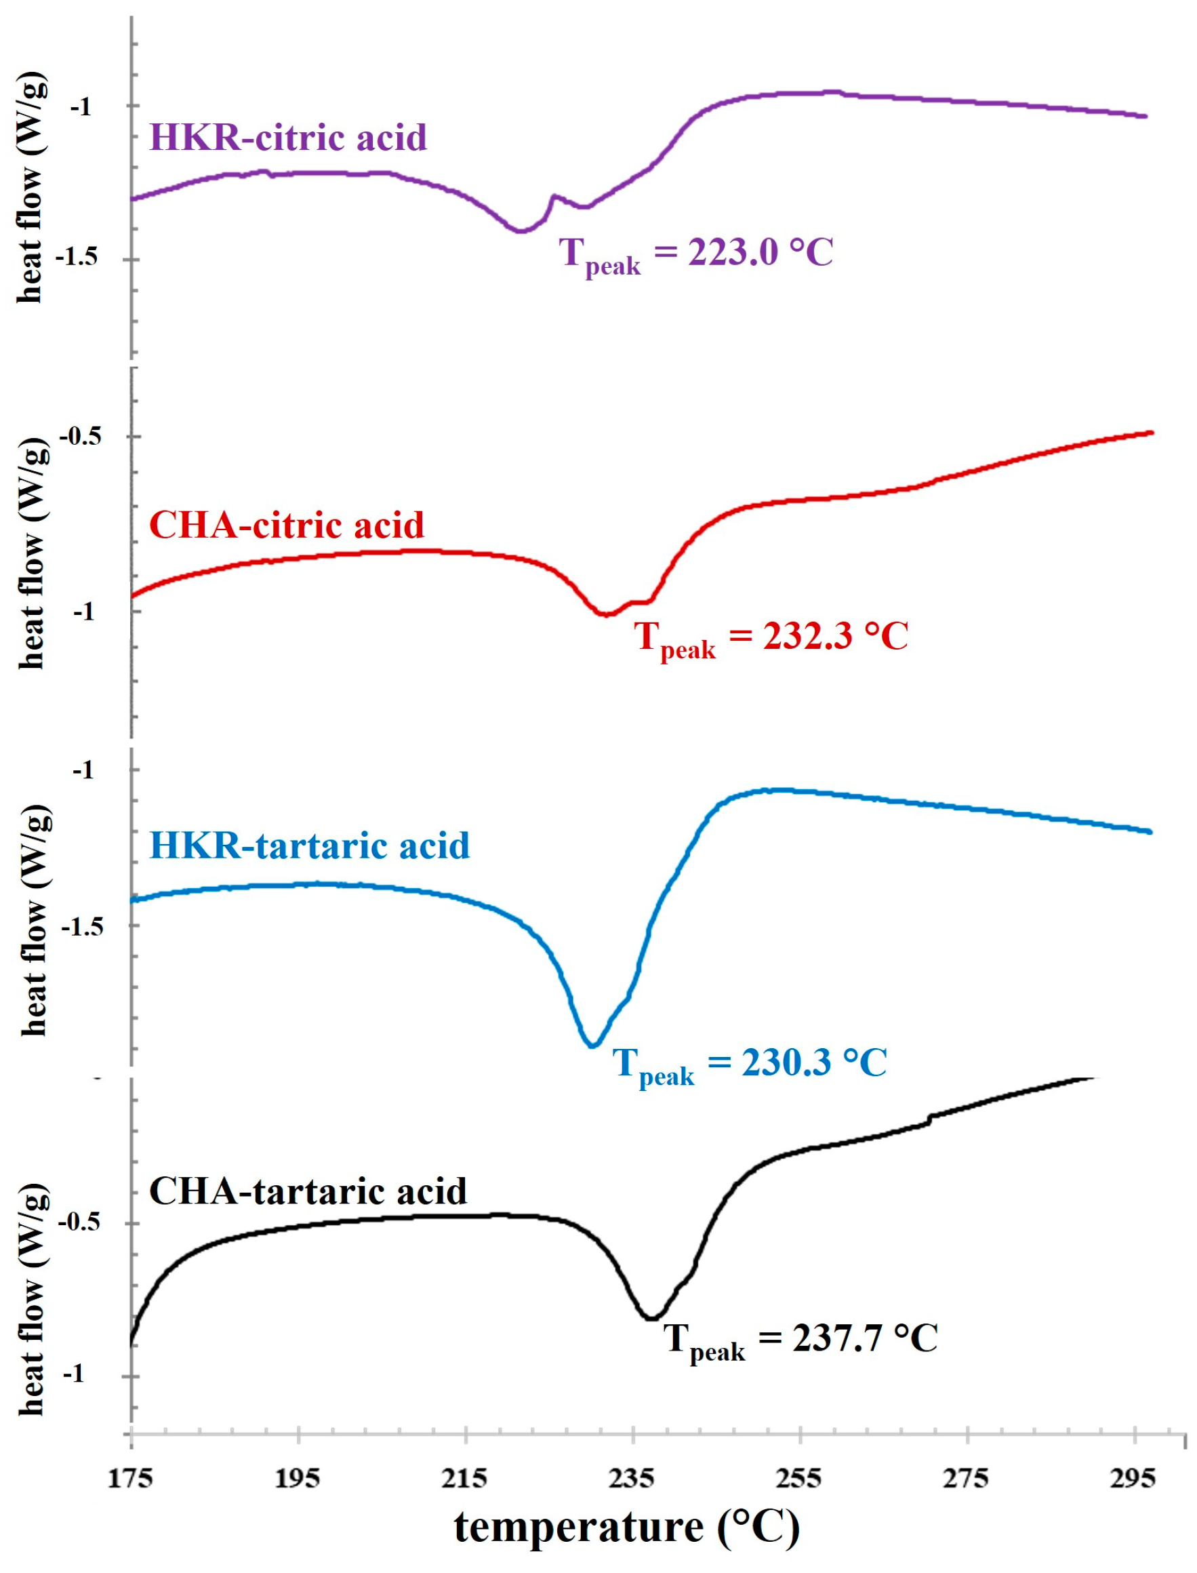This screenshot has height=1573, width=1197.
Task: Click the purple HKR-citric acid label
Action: click(288, 137)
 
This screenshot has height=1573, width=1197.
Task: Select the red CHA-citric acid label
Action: click(287, 525)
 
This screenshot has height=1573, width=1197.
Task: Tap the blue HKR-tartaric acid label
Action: click(309, 845)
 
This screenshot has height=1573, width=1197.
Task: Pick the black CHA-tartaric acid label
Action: click(308, 1191)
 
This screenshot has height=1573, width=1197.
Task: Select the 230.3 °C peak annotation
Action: click(750, 1064)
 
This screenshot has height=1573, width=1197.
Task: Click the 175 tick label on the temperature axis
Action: click(130, 1479)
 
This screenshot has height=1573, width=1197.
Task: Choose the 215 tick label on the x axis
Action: click(464, 1479)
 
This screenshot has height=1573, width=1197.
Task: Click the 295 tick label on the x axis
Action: click(1133, 1479)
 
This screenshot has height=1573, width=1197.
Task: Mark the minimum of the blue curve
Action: click(592, 1046)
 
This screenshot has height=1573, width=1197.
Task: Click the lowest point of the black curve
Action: click(651, 1318)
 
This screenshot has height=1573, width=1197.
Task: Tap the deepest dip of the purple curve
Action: click(521, 231)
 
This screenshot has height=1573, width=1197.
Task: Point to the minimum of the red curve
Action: click(606, 614)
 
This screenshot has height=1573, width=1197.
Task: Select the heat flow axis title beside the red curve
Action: click(32, 553)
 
